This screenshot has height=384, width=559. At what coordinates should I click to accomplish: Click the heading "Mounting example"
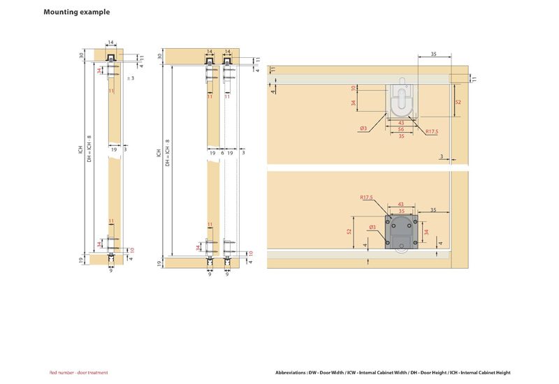(x=77, y=12)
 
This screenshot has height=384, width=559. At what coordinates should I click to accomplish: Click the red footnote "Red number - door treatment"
(x=78, y=373)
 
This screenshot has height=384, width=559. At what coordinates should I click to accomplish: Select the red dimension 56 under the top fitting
(x=401, y=130)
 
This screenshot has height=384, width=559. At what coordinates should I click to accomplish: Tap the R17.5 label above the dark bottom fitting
(x=368, y=198)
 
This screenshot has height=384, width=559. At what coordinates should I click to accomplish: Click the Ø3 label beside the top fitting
(x=364, y=128)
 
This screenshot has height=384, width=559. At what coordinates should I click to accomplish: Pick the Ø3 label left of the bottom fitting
(x=372, y=228)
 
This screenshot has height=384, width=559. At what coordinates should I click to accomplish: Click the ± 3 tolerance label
(x=130, y=78)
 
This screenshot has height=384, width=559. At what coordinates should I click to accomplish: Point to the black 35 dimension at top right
(x=433, y=54)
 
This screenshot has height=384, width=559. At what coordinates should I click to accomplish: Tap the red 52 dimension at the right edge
(x=458, y=103)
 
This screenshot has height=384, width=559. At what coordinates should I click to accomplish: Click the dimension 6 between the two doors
(x=222, y=152)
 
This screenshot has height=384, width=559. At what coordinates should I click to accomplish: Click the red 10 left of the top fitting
(x=354, y=88)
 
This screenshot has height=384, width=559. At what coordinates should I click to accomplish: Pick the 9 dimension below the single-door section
(x=111, y=270)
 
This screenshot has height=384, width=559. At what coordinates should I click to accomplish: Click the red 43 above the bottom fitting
(x=401, y=205)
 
